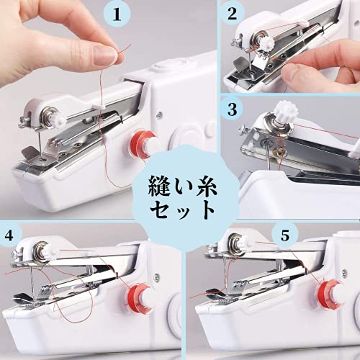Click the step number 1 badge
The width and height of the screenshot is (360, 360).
click(117, 14)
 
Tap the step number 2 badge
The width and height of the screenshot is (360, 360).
click(232, 13)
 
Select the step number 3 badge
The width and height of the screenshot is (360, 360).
click(232, 109)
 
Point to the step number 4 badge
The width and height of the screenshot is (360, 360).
click(9, 235)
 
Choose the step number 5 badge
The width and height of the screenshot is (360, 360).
click(285, 235)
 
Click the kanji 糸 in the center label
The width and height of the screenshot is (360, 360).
click(206, 186)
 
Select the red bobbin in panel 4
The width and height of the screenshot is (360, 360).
click(138, 297)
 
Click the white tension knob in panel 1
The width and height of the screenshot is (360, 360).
click(60, 120)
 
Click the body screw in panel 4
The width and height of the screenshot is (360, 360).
click(157, 277)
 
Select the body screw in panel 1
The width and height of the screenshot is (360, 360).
click(159, 115)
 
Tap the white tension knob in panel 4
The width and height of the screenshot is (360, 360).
click(51, 251)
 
